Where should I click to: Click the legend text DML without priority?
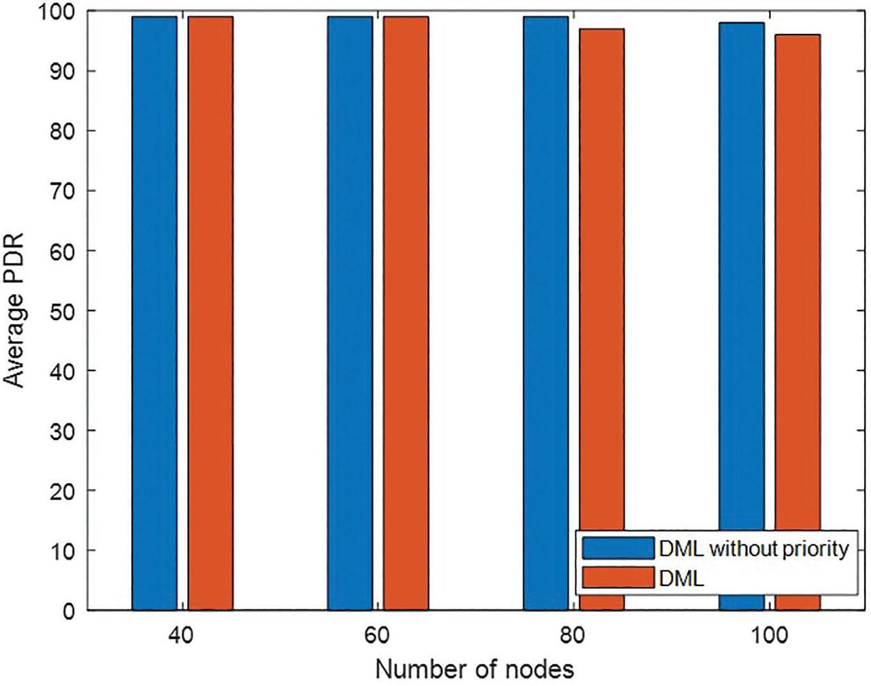[754, 549]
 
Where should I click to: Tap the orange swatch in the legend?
[618, 578]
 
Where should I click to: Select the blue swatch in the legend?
[618, 549]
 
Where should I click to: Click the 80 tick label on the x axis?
[574, 637]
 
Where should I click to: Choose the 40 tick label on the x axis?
[182, 637]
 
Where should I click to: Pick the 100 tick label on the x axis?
[769, 637]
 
